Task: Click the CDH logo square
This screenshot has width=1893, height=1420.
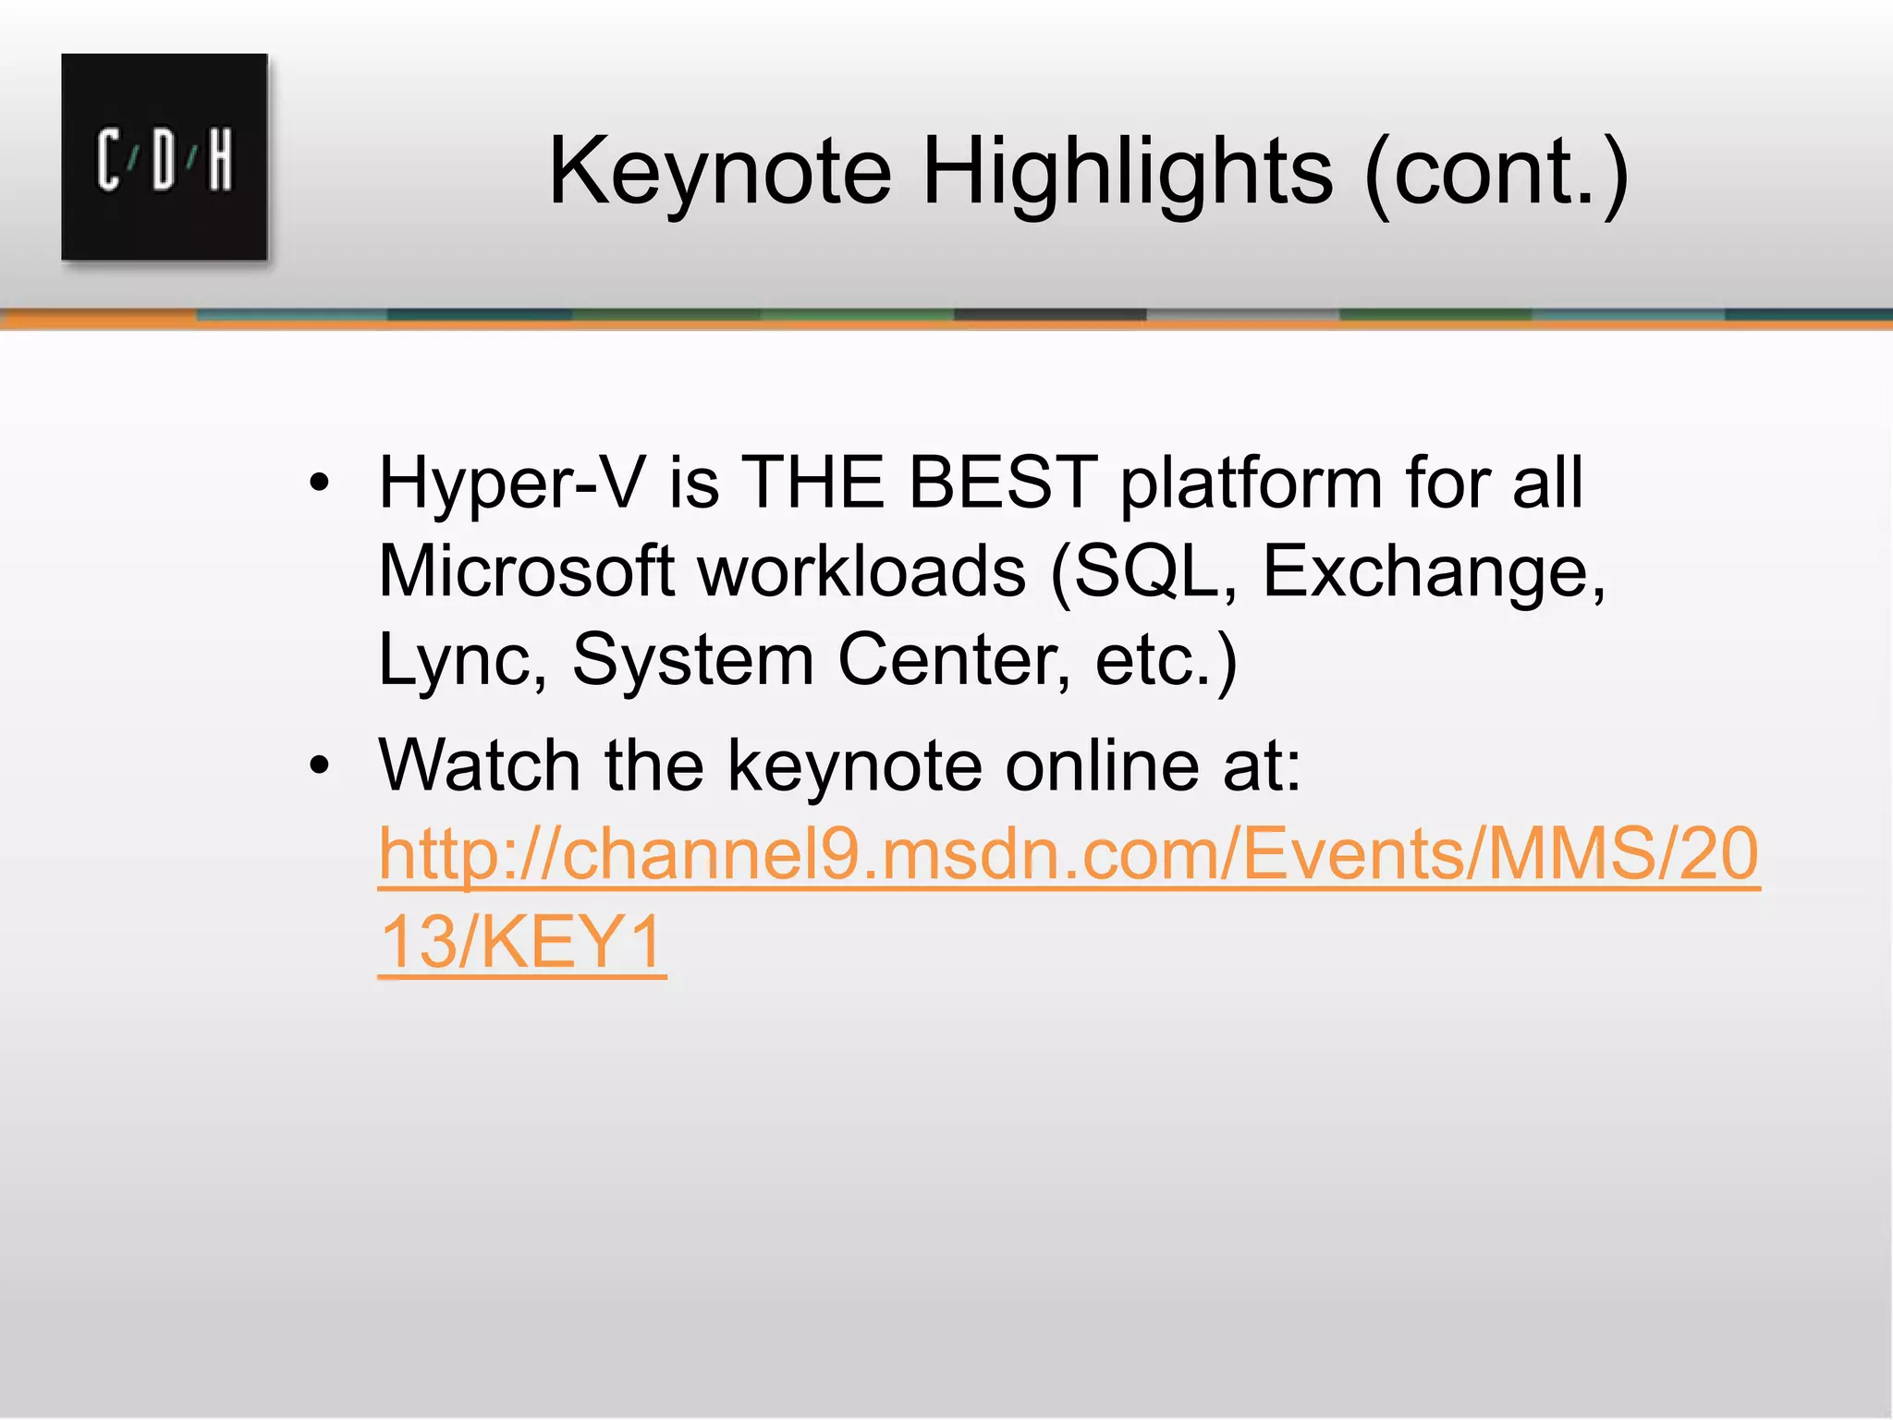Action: point(165,157)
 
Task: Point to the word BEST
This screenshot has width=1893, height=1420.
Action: point(1003,483)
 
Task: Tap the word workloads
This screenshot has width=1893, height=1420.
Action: point(861,571)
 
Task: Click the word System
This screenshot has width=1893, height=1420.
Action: point(692,661)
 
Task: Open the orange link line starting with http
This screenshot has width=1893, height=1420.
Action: point(1069,855)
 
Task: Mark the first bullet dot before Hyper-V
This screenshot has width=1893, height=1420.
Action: point(320,484)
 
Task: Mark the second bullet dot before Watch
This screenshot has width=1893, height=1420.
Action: point(320,766)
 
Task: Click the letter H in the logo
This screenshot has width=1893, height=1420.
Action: point(220,161)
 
